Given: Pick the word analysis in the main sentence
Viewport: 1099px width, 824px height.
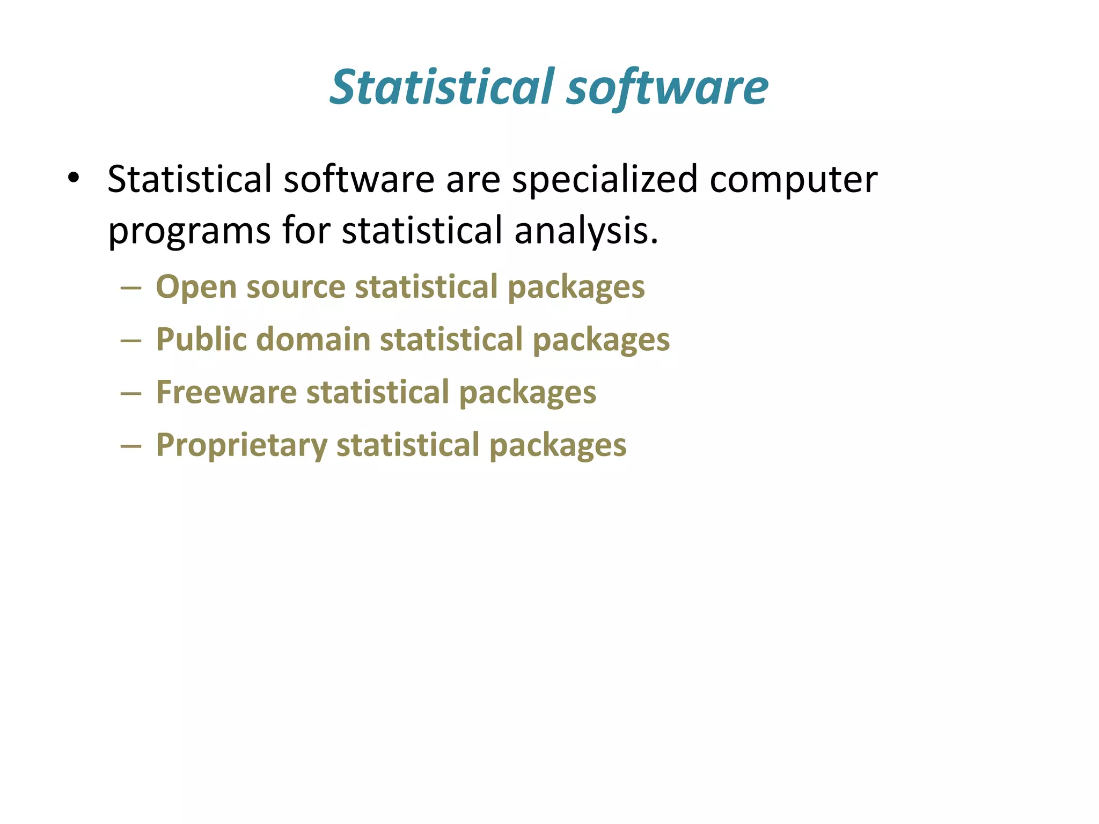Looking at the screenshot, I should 585,231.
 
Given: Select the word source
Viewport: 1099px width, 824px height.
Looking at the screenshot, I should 296,288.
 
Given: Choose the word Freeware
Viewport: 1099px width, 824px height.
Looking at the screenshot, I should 226,392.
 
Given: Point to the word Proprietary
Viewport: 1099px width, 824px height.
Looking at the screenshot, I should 241,446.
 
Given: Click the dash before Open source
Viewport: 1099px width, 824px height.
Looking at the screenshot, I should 131,289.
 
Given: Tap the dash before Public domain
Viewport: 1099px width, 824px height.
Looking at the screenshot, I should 131,341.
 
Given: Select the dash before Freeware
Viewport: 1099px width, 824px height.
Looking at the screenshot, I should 131,394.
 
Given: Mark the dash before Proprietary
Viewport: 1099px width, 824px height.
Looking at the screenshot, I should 131,446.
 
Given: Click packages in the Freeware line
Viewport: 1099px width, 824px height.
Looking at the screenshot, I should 527,393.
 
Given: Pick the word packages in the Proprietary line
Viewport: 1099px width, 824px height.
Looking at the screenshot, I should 558,446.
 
